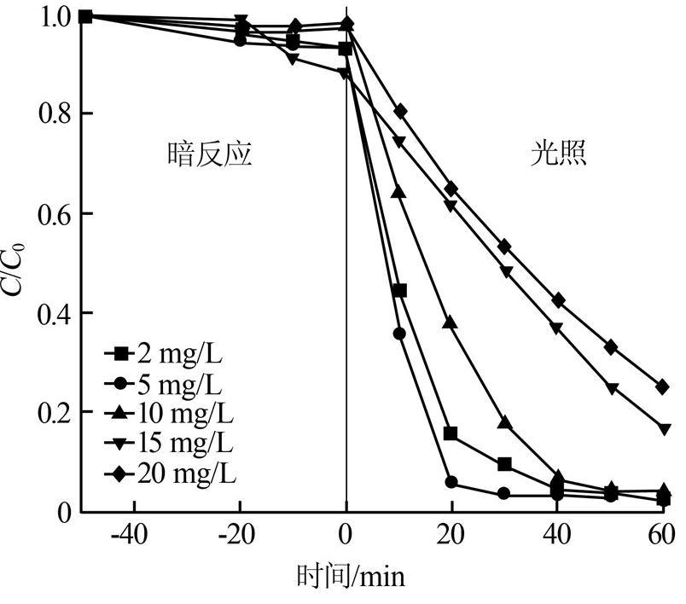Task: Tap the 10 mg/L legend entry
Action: coord(169,413)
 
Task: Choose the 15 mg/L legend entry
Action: coord(169,443)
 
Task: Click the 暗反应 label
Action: coord(209,155)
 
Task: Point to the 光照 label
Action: coord(559,155)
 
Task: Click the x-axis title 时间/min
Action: coord(351,578)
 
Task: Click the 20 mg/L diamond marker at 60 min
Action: coord(663,386)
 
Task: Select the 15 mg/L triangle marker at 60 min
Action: coord(664,428)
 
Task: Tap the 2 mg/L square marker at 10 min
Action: coord(399,291)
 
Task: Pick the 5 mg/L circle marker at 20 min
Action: coord(451,483)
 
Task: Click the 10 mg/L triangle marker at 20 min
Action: coord(451,322)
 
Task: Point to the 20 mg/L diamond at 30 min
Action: coord(504,246)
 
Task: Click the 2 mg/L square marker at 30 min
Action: coord(504,464)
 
